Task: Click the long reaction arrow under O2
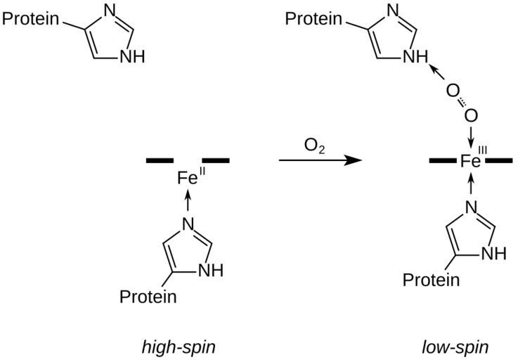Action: pos(320,161)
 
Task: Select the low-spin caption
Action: pos(455,347)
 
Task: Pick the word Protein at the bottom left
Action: pos(148,296)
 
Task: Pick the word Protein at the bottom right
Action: pos(431,280)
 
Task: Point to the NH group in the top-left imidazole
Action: pos(132,57)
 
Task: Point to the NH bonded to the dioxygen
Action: pos(415,57)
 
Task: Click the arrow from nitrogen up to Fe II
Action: pos(187,202)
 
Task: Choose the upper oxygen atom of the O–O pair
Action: pos(452,91)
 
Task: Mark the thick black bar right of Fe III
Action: pos(499,161)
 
